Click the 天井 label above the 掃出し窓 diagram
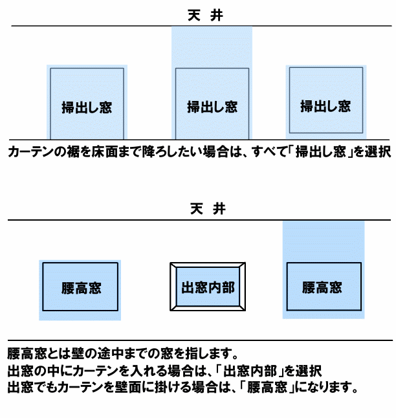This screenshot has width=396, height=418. coord(205,15)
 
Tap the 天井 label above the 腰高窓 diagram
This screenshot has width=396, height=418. coord(208,209)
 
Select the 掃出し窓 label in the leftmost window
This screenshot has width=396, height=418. coord(87,107)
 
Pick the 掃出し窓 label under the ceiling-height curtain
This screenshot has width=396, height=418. coord(212,107)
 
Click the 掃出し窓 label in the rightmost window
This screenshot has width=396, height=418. coord(325,106)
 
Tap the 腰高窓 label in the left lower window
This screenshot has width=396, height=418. coord(82,288)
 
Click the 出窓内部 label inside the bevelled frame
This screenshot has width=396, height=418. coord(208,287)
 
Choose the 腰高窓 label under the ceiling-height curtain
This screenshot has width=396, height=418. coord(322,287)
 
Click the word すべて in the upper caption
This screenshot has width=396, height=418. coord(269,152)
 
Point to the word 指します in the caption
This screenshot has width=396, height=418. coord(209,353)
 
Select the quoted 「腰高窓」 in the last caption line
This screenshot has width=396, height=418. coord(267,387)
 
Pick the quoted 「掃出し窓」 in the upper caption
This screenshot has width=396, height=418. coord(320,152)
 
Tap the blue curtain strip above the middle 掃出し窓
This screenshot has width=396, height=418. coord(212,47)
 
